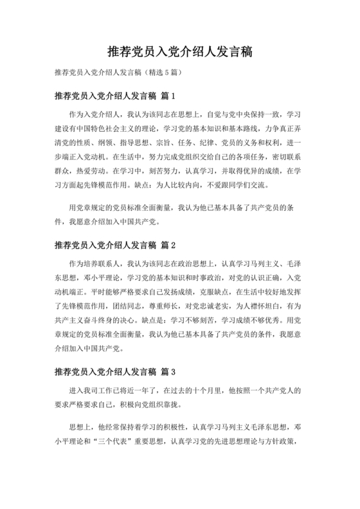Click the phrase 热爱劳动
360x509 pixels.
click(x=89, y=172)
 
